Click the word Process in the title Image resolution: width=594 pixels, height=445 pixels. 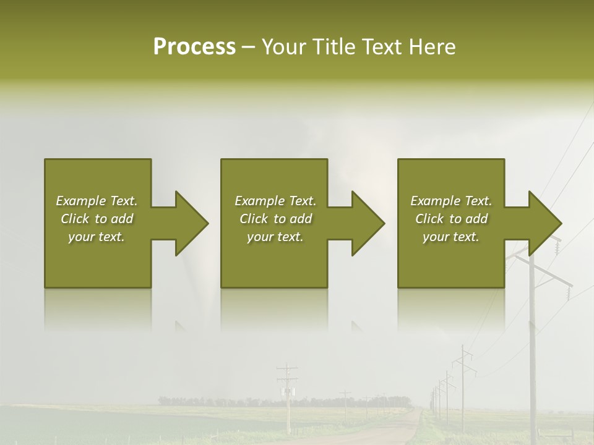[x=194, y=47]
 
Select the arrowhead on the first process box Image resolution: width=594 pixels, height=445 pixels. [x=192, y=223]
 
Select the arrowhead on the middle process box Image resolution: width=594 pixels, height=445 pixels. [x=368, y=223]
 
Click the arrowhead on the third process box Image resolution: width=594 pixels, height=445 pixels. [x=545, y=223]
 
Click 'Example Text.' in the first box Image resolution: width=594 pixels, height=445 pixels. [x=97, y=201]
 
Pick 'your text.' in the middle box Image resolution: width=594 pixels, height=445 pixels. [x=275, y=237]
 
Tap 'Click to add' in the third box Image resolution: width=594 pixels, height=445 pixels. [x=451, y=219]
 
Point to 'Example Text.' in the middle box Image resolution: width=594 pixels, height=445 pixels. [x=275, y=201]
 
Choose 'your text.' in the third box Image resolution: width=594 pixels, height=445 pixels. [x=451, y=237]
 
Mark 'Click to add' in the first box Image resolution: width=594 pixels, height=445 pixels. [x=97, y=219]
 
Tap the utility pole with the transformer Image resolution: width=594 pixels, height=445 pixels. [x=287, y=393]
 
